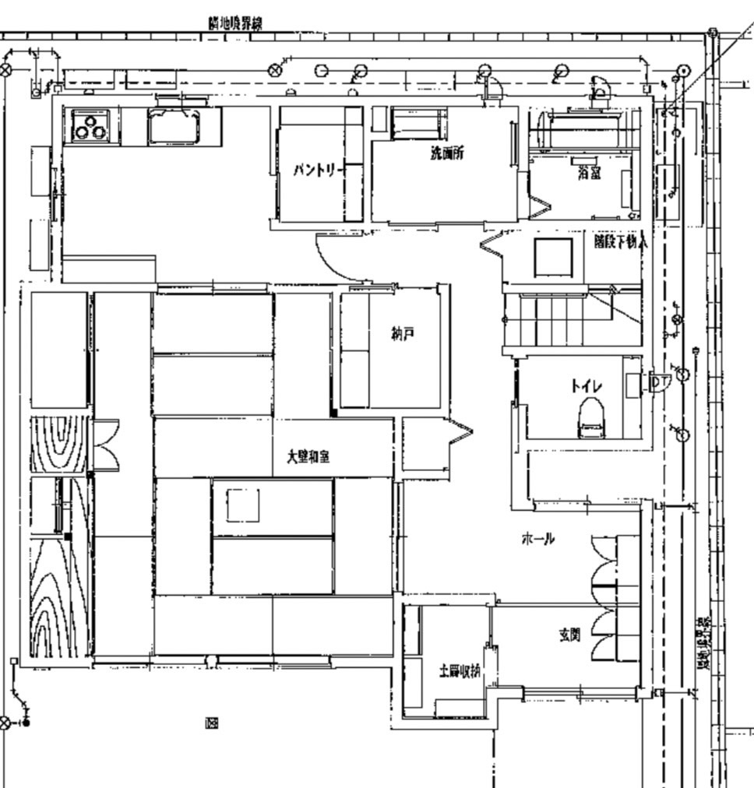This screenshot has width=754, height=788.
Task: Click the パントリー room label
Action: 318,170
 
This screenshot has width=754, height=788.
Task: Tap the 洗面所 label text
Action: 447,153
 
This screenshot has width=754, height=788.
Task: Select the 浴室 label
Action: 589,173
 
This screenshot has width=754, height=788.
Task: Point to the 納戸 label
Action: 402,334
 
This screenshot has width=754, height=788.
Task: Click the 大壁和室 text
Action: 308,457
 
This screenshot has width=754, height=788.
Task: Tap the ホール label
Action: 537,538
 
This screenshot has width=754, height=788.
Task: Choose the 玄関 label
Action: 569,635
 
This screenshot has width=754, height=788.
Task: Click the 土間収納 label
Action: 460,671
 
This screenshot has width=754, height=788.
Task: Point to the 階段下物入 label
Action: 620,242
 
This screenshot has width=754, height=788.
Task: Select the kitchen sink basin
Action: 174,125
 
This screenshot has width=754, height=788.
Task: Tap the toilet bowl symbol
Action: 591,419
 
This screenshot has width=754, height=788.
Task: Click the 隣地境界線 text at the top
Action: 235,23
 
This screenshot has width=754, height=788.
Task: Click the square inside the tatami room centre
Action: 242,505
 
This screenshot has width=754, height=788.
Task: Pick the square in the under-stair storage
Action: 553,257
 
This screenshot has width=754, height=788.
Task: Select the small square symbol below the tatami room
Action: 211,723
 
